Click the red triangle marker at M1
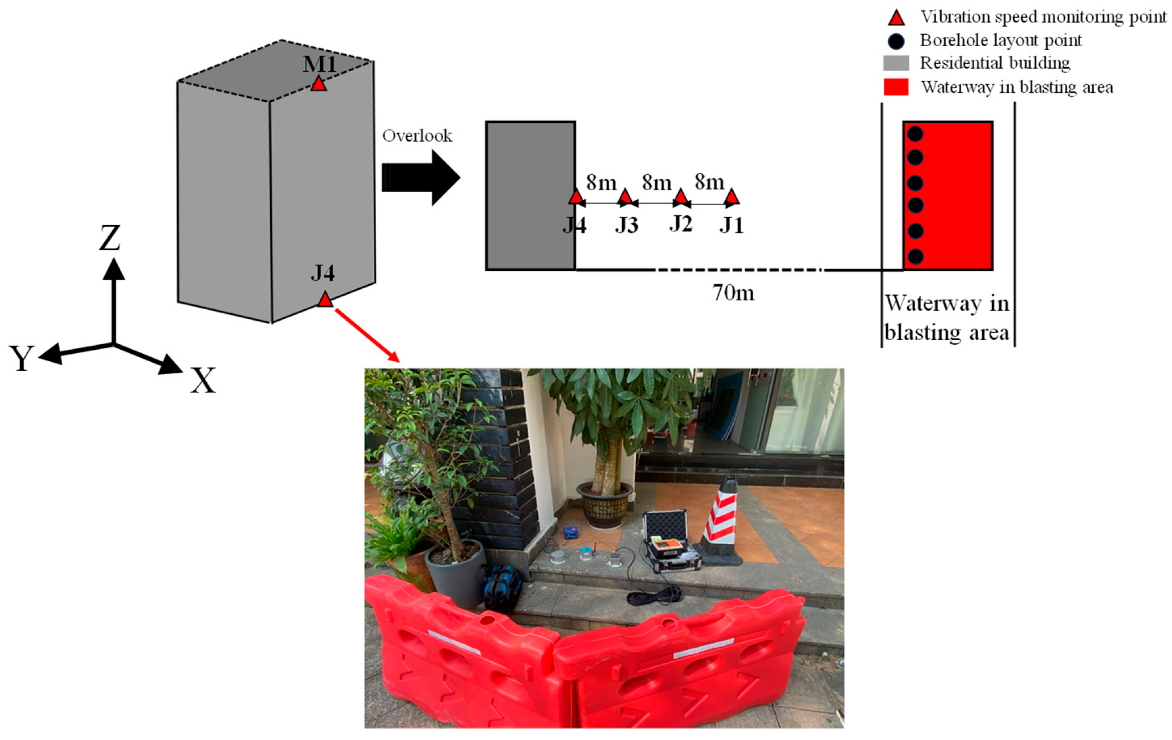[x=318, y=84]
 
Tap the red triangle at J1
[x=732, y=198]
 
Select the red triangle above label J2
[x=680, y=198]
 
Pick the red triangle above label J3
[x=625, y=198]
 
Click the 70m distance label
[x=733, y=293]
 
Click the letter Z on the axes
[x=110, y=238]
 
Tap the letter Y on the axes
[x=22, y=358]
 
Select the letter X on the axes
[x=203, y=381]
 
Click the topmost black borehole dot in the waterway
[x=915, y=134]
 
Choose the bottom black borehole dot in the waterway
[x=915, y=256]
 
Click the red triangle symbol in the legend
[x=896, y=18]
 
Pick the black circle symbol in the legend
[x=896, y=42]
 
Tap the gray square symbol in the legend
[x=896, y=63]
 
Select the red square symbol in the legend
[x=896, y=87]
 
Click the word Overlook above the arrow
[x=417, y=136]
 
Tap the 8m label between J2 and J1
[x=709, y=182]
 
